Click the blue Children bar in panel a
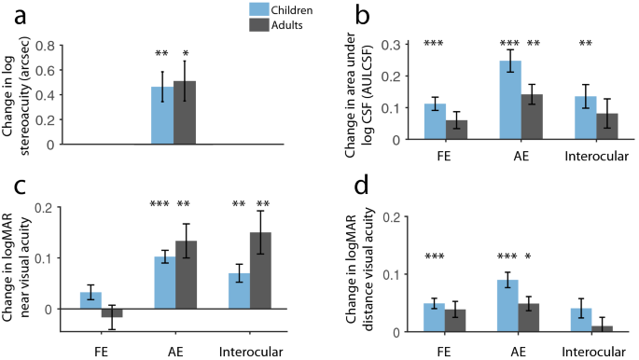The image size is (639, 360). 162,115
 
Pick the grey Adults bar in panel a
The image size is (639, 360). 186,112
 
